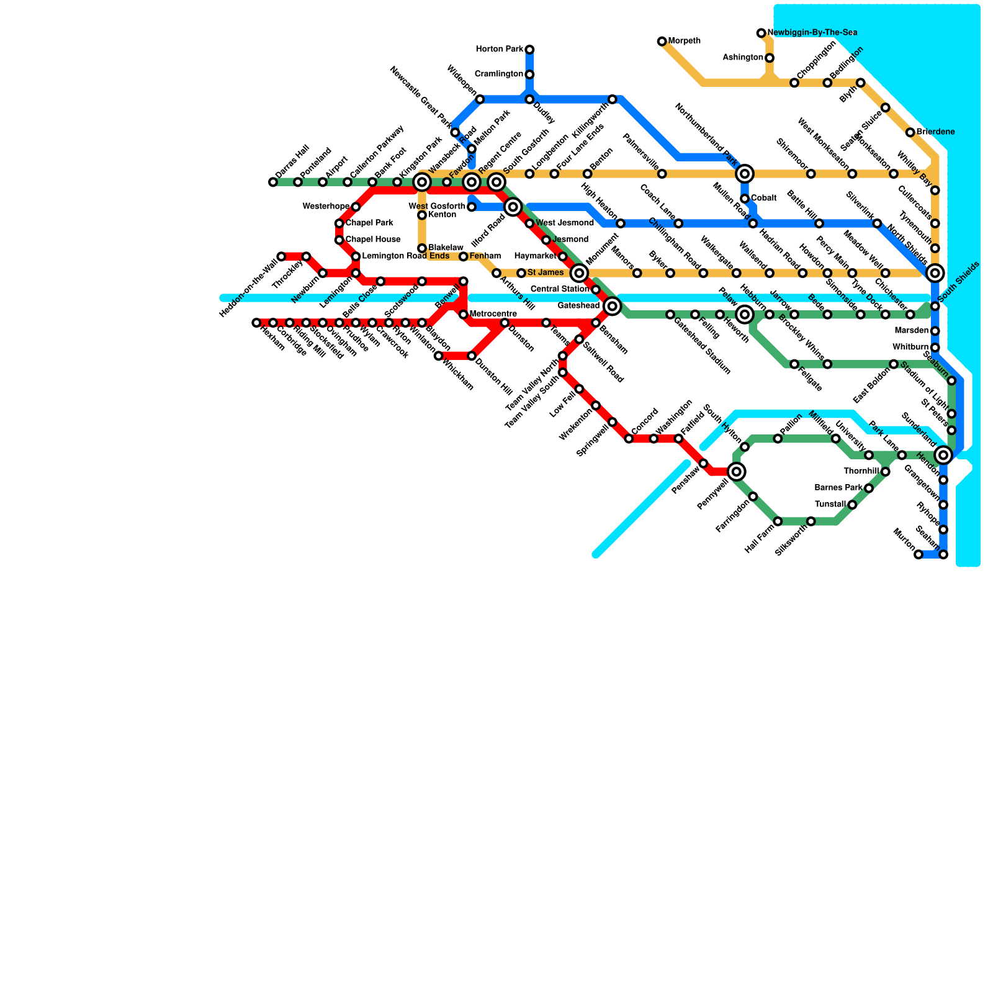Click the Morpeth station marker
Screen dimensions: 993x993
[x=662, y=42]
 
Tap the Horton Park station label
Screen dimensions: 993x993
[x=499, y=49]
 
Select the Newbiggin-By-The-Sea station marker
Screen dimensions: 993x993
[x=762, y=33]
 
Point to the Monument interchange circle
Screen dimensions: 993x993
[x=579, y=272]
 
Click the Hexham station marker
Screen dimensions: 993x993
[x=256, y=323]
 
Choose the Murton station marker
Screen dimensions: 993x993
[x=919, y=555]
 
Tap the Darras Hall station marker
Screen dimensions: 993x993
[x=273, y=182]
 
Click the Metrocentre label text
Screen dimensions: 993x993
[x=493, y=314]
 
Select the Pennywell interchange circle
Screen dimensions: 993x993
[x=737, y=472]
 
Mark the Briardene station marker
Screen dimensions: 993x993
[x=910, y=132]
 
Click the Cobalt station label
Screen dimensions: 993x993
[x=763, y=198]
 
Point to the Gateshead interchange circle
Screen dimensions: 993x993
[x=613, y=305]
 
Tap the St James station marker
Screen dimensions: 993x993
[x=521, y=273]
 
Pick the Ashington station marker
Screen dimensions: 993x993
[x=770, y=58]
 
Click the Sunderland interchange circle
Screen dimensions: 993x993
[x=943, y=455]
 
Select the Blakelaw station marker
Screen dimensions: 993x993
[x=422, y=248]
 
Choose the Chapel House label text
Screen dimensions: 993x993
[x=372, y=240]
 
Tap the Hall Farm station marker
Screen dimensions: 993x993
[x=778, y=521]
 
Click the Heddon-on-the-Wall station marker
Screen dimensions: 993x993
[x=281, y=256]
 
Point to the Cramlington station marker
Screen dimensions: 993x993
[x=529, y=74]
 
